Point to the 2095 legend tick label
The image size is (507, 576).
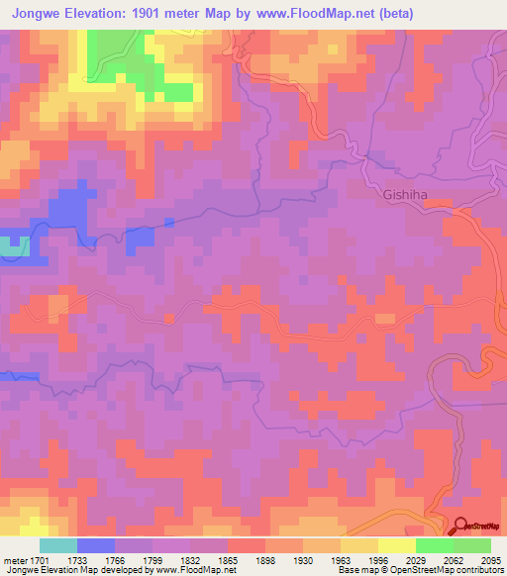click(488, 560)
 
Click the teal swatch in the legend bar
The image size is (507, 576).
click(58, 545)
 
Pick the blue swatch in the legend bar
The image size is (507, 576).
click(96, 545)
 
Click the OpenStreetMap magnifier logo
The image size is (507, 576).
click(460, 527)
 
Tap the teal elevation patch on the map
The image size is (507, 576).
click(12, 245)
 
